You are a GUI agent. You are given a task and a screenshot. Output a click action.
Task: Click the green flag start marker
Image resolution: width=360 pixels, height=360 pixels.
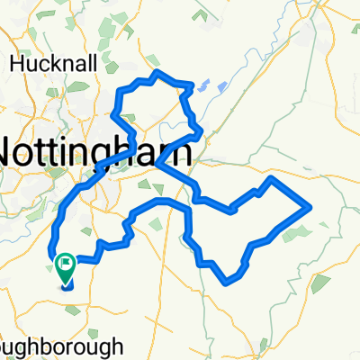tap(66, 265)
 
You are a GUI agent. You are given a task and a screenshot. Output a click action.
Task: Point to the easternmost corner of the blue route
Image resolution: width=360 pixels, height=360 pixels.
tap(310, 206)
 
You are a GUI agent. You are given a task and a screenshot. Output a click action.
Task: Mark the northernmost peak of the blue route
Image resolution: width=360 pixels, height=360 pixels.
tap(158, 71)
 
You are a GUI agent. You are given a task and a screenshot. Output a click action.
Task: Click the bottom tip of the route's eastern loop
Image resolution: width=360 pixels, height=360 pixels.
tap(226, 281)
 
